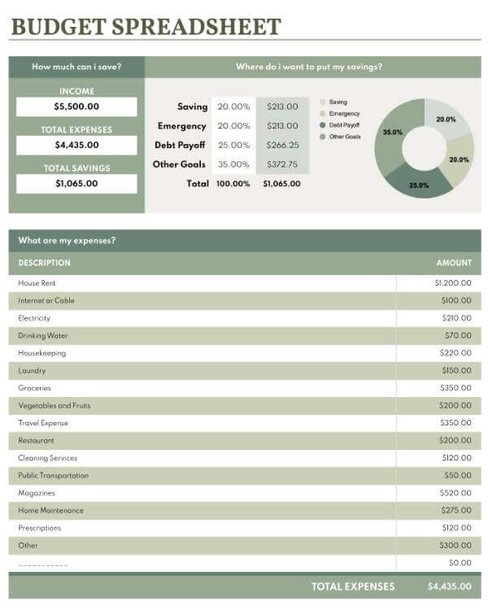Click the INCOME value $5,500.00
[76, 107]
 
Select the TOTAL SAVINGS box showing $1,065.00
[76, 184]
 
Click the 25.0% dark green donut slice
[419, 183]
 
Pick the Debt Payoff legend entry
[340, 125]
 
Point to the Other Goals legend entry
[341, 137]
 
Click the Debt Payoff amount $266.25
[282, 145]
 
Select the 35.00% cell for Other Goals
[233, 164]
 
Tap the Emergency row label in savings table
[181, 126]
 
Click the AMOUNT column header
[454, 263]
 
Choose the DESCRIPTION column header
[45, 263]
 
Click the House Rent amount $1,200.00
[453, 283]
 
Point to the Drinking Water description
[43, 336]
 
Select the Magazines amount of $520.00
[455, 493]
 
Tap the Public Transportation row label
[54, 475]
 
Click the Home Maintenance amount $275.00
[456, 510]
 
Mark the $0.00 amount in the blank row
[460, 563]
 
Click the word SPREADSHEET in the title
[197, 27]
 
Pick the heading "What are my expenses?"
[67, 241]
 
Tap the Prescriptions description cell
[40, 528]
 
